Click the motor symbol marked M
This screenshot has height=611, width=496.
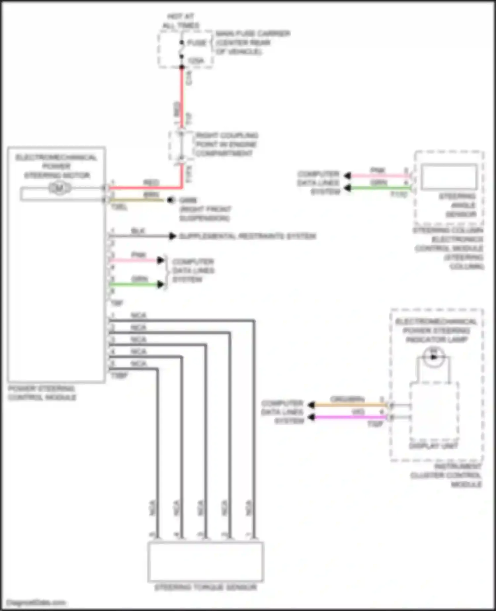coord(60,188)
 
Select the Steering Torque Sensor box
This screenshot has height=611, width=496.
coord(205,561)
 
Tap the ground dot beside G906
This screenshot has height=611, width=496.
coord(171,200)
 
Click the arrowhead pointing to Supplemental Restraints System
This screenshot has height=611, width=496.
coord(172,236)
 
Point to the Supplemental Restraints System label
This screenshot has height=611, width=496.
coord(247,236)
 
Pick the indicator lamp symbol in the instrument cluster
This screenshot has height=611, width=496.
coord(434,357)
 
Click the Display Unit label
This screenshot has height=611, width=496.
coord(433,446)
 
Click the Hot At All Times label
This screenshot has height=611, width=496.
coord(181,21)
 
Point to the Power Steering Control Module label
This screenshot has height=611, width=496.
coord(42,393)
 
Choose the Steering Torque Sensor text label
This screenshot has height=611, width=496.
coord(205,587)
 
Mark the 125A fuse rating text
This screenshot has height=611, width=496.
coord(196,61)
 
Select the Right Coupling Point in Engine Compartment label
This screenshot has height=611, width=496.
coord(226,144)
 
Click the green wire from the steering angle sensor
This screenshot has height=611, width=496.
coord(380,188)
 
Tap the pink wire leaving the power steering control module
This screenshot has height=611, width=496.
coord(136,260)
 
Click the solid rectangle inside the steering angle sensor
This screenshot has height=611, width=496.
coord(448,176)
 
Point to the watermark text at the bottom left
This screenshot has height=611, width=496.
coord(36,602)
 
